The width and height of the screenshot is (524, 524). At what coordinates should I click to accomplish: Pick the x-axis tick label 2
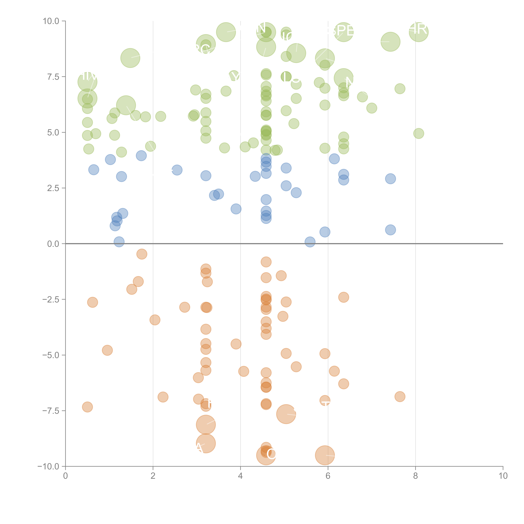tap(153, 476)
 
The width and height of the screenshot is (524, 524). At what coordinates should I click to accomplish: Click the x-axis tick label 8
tap(416, 476)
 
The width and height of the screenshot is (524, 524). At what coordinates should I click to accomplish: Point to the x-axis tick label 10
tap(503, 476)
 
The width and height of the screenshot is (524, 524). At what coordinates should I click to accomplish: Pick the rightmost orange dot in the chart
tap(400, 397)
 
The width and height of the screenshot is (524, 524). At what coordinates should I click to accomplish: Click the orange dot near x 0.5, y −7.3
tap(87, 407)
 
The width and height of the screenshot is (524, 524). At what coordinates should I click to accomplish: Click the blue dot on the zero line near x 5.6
tap(310, 242)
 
